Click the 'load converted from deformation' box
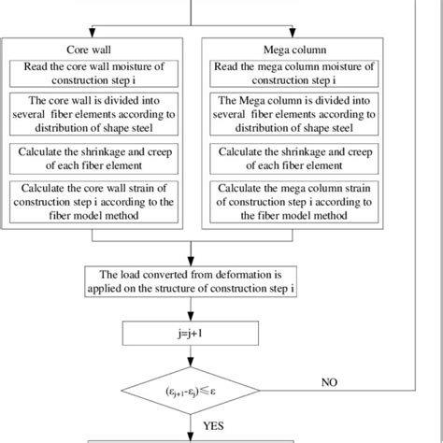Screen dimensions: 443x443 tap(192, 280)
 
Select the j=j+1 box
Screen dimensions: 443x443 tap(192, 331)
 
